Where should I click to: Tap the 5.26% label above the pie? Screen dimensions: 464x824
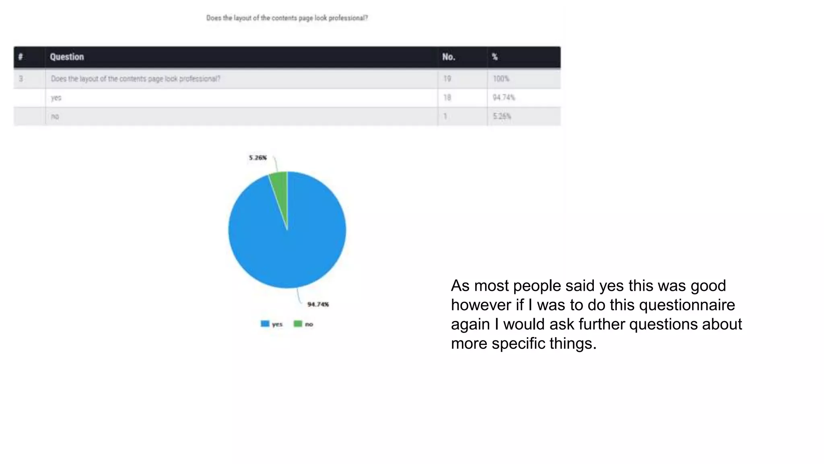(257, 157)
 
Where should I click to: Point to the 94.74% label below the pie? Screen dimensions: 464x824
(318, 304)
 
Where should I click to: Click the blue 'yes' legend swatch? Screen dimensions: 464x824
(265, 324)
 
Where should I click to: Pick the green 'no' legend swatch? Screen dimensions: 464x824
(298, 324)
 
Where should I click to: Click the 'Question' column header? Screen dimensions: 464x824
(67, 57)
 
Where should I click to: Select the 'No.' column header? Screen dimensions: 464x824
(449, 57)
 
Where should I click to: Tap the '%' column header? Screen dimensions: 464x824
(495, 57)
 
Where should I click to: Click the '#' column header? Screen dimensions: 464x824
(21, 57)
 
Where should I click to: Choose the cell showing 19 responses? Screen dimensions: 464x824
(447, 79)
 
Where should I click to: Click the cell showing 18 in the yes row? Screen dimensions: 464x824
(447, 97)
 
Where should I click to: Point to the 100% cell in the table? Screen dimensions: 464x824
(501, 79)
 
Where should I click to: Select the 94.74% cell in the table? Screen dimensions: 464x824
(504, 97)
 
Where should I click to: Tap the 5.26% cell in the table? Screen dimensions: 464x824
(502, 116)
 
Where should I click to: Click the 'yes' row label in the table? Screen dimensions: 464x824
(56, 97)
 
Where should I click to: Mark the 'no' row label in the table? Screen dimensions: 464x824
(55, 116)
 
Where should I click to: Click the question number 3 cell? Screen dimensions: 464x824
(21, 79)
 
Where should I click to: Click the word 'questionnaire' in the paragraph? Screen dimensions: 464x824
(687, 305)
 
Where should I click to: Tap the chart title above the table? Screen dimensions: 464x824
(287, 18)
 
